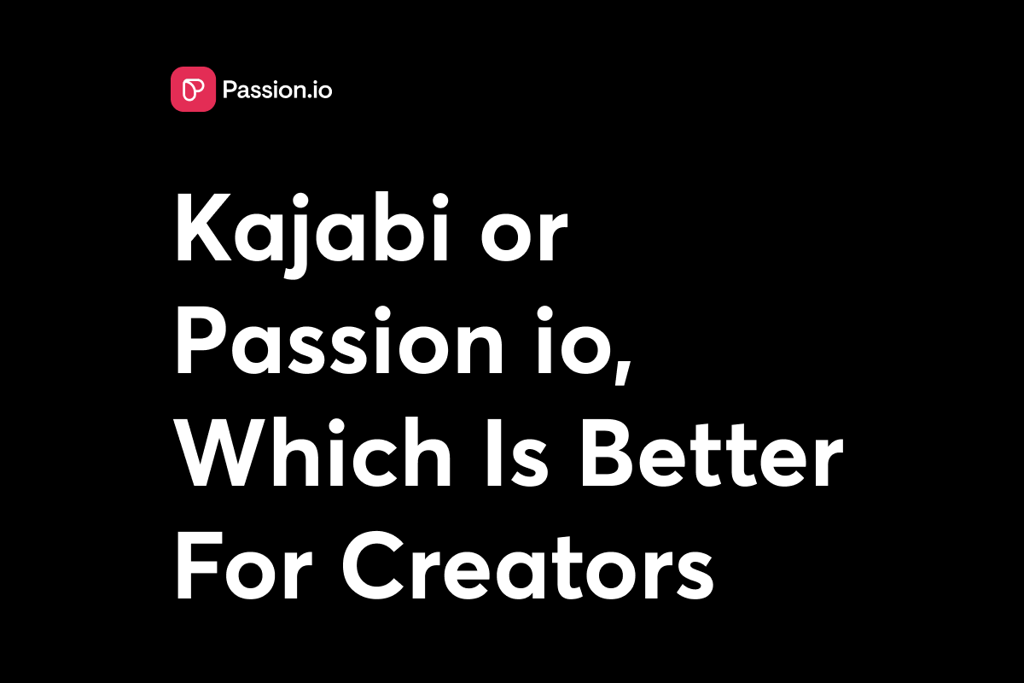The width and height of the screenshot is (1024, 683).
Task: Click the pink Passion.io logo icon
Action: [x=193, y=89]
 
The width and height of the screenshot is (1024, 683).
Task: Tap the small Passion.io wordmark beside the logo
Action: [x=277, y=90]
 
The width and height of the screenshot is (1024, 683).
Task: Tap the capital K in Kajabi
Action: [x=204, y=227]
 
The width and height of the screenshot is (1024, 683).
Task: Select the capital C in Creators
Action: [x=374, y=565]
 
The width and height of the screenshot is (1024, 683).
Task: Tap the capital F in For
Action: [x=197, y=565]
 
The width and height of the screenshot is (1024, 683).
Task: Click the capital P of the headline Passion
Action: [x=201, y=341]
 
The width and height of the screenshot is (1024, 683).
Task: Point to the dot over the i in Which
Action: [x=336, y=426]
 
